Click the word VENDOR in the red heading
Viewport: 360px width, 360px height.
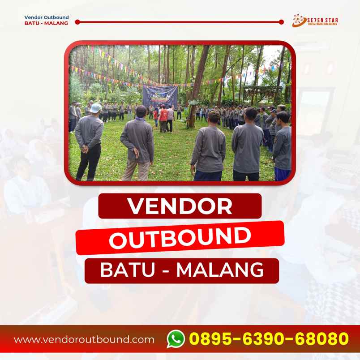[180, 206]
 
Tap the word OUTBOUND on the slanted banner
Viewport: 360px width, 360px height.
[180, 238]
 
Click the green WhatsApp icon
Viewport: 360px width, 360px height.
[176, 339]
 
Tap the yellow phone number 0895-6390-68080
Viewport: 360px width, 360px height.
[269, 339]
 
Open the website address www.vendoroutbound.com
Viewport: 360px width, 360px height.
[84, 339]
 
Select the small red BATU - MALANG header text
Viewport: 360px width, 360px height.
[46, 23]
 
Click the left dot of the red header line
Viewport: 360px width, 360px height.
[77, 21]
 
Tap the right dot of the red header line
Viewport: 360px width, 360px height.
[281, 21]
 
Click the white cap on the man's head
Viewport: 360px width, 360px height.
[95, 107]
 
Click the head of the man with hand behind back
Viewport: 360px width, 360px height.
[214, 117]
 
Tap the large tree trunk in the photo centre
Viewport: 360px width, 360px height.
[197, 85]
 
